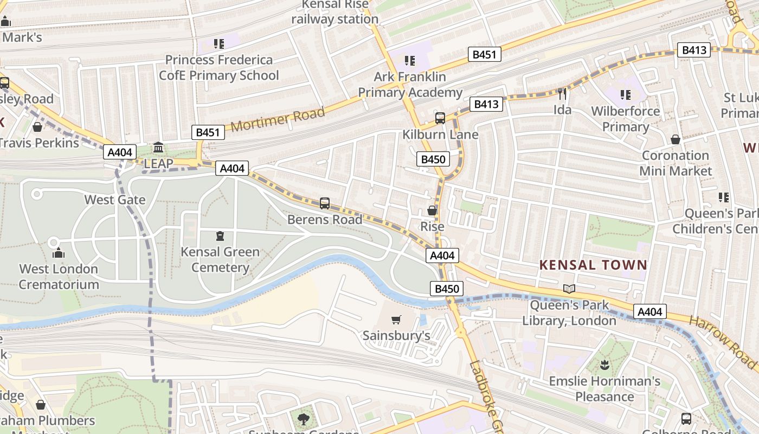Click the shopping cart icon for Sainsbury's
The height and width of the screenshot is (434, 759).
(396, 320)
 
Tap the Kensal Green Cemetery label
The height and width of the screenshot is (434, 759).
(220, 260)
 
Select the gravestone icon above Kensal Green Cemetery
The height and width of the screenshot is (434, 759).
(220, 236)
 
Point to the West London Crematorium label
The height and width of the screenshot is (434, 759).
(59, 277)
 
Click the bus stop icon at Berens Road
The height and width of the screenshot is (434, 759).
(325, 203)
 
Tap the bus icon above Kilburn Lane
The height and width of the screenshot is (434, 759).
(440, 118)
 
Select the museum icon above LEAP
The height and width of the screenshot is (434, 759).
(158, 147)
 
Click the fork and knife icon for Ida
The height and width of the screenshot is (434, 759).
(562, 94)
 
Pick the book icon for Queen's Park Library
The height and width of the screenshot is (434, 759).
(569, 289)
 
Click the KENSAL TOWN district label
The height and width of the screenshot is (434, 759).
(593, 265)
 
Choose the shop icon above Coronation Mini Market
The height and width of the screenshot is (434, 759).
(676, 140)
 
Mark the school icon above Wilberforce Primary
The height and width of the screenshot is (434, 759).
(626, 95)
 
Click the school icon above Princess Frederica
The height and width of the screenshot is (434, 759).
(219, 43)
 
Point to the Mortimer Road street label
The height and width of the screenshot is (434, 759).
(278, 119)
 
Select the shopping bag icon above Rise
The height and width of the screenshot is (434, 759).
(432, 210)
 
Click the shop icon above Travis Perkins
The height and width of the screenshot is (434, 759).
(37, 127)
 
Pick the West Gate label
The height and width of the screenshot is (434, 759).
(115, 200)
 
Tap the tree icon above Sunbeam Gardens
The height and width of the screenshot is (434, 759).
(304, 419)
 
